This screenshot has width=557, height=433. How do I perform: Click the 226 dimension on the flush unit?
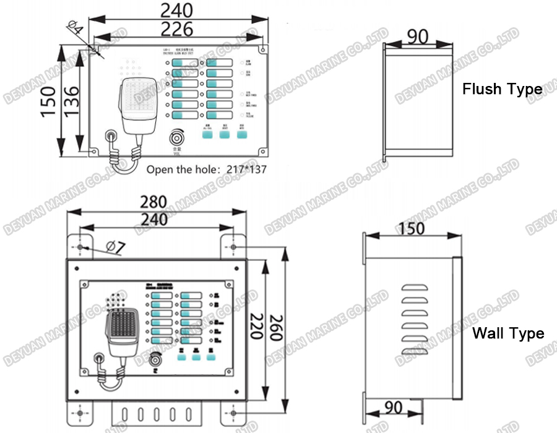[176, 28]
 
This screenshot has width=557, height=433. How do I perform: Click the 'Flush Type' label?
[502, 89]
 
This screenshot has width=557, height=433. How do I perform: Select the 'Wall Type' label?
[508, 333]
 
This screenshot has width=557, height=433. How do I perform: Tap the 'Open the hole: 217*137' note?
[206, 169]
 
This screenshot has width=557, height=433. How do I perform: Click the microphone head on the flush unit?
[136, 99]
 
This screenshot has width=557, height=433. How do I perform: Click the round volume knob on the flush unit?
[178, 136]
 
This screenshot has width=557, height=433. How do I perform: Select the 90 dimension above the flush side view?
[417, 36]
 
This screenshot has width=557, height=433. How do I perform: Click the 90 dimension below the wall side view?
[392, 407]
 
